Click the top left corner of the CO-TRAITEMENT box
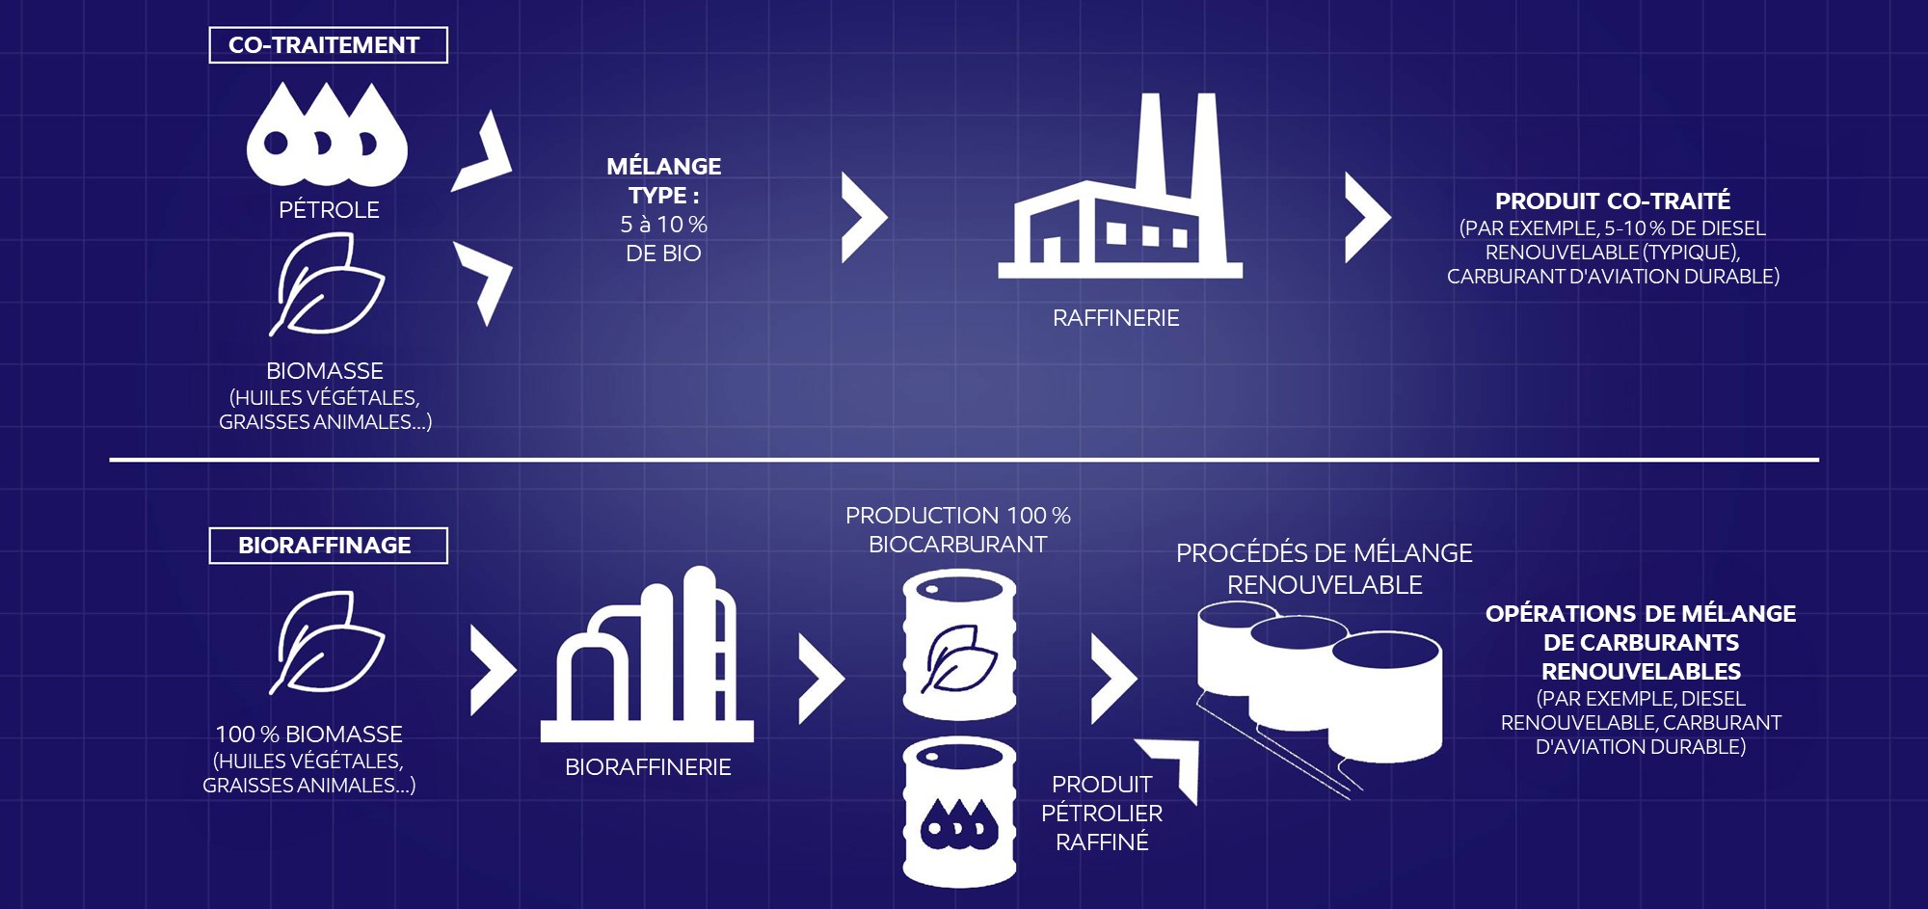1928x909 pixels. [x=210, y=28]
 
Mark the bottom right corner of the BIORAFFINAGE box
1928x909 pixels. [x=447, y=563]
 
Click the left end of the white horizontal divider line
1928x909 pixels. [x=110, y=460]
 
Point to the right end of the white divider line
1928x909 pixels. [x=1818, y=460]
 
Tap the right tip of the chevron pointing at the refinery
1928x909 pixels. [x=888, y=218]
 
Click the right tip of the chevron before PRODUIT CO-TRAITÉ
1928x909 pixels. [x=1391, y=218]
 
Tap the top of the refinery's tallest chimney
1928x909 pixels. [x=1205, y=94]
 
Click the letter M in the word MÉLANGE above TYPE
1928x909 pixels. [x=618, y=167]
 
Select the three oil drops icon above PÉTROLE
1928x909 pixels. [x=327, y=135]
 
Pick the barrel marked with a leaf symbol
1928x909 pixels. [x=959, y=644]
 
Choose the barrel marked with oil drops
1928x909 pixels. [x=959, y=813]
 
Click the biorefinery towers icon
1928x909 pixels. [x=647, y=655]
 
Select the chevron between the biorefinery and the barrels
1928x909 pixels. [x=821, y=679]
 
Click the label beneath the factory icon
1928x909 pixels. [x=1115, y=318]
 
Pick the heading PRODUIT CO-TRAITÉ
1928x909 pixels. [x=1613, y=201]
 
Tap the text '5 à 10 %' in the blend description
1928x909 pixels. [x=663, y=225]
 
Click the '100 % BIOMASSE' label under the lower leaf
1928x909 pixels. [x=308, y=735]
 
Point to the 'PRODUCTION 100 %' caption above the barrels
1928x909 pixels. [x=958, y=516]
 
